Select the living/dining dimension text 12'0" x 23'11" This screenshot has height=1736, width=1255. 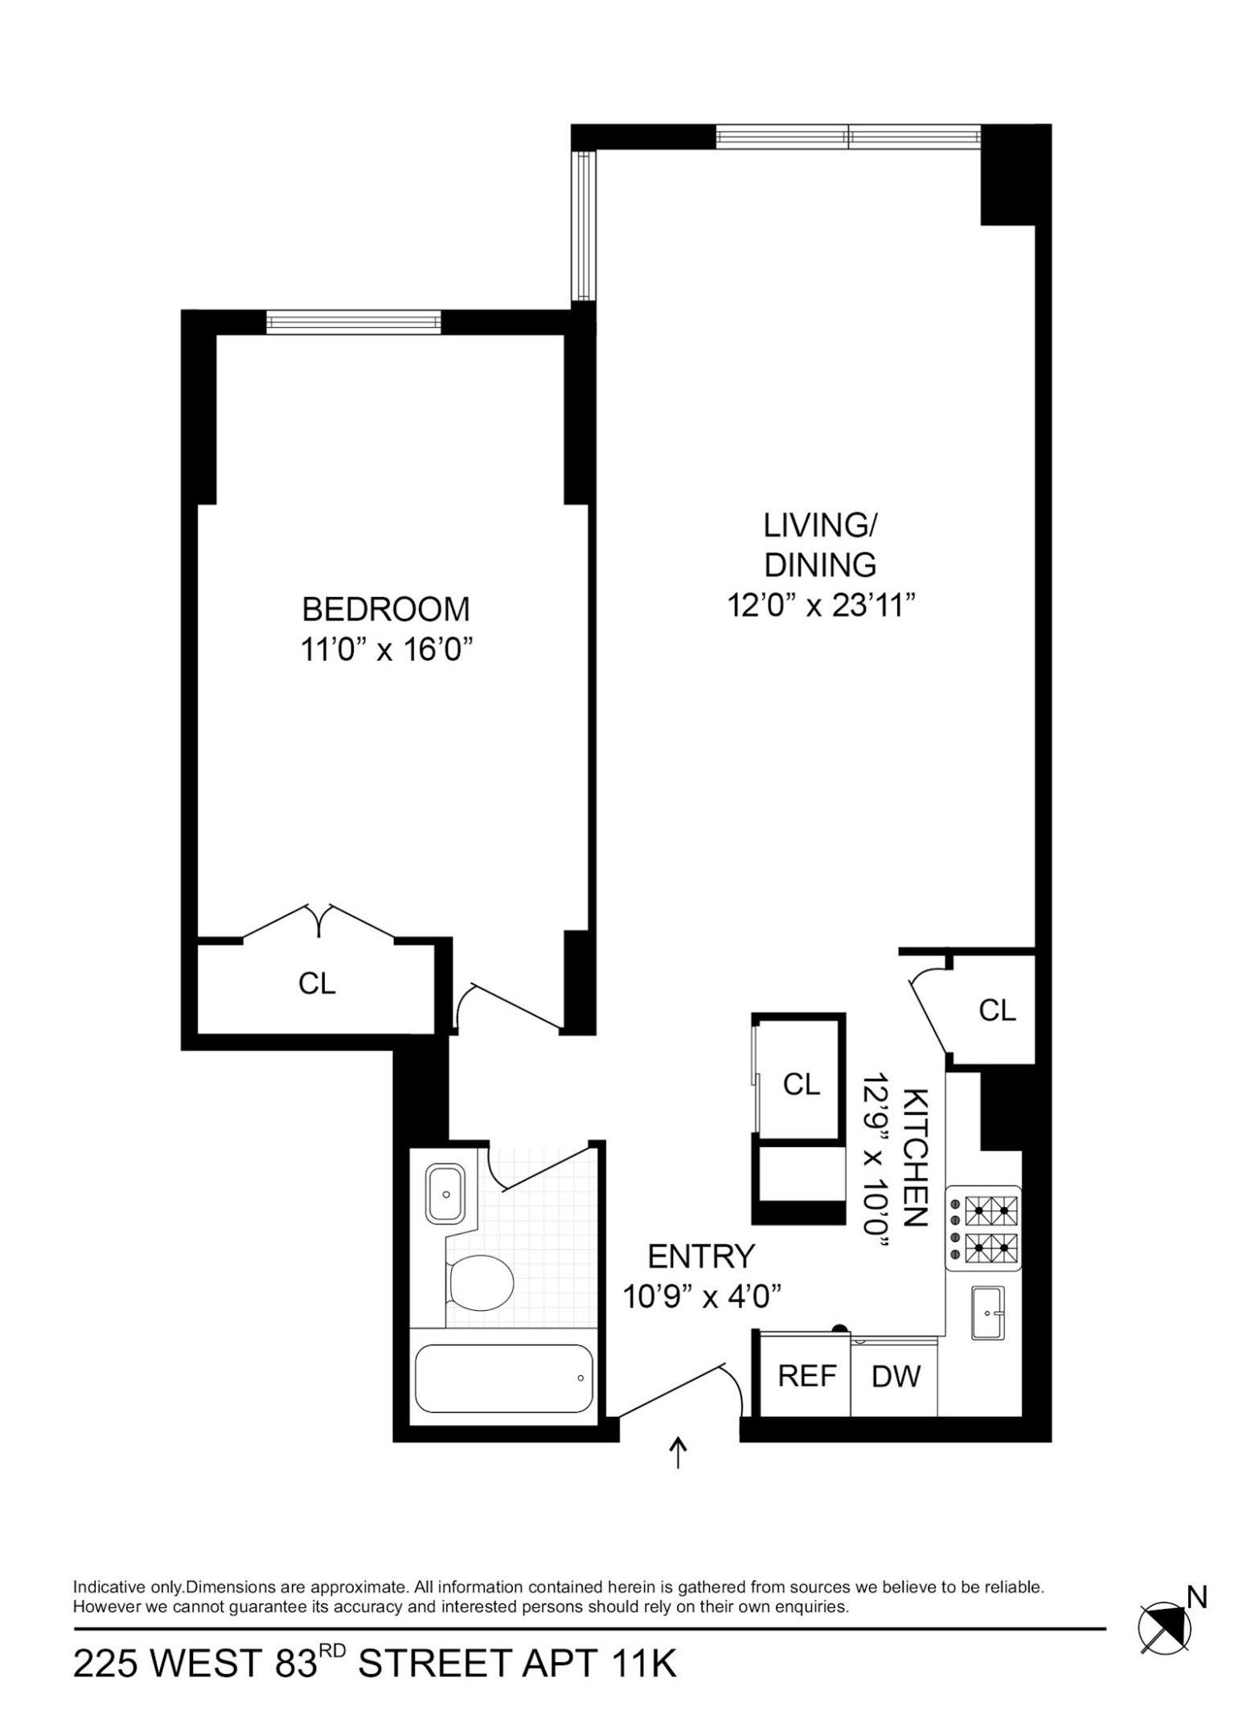tap(821, 605)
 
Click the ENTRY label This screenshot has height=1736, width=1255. tap(701, 1255)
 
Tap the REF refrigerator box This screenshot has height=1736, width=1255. tap(806, 1376)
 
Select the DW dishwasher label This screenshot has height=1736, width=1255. tap(896, 1377)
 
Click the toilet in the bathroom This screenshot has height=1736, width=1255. tap(480, 1281)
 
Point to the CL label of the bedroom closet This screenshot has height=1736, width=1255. tap(317, 984)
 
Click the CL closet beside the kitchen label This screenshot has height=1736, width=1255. tap(802, 1085)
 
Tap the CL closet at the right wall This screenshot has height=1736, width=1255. tap(997, 1010)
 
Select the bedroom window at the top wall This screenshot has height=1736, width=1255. tap(354, 322)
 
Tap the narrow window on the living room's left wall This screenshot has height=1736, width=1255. tap(583, 226)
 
